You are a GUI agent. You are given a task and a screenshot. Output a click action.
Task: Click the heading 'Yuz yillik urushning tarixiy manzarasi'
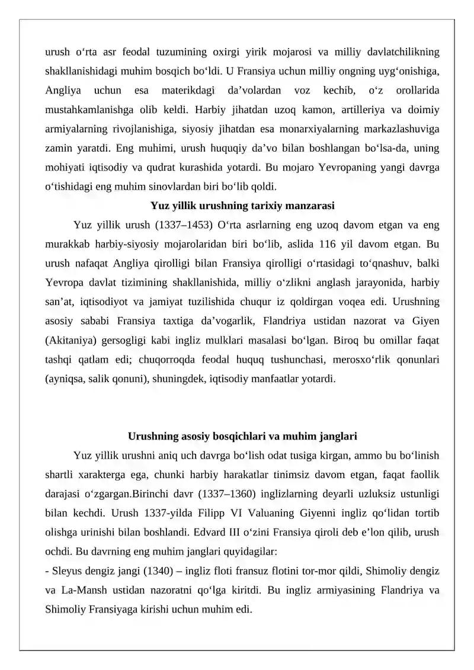pos(242,206)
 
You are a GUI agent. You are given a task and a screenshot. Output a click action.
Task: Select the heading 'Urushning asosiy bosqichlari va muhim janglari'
pos(242,437)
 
